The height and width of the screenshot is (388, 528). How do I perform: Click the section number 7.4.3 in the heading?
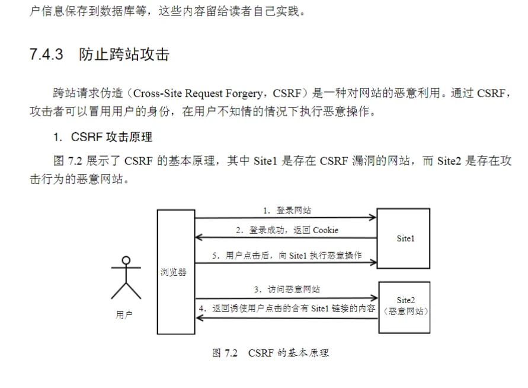coord(46,54)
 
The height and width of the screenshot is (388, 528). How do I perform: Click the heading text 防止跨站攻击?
coord(124,54)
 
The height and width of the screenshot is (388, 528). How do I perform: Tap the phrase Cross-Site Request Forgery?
coord(198,93)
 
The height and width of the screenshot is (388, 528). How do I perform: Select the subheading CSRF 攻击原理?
coord(111,137)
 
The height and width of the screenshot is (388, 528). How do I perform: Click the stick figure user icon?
coord(126,278)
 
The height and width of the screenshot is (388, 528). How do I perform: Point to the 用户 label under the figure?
coord(124,314)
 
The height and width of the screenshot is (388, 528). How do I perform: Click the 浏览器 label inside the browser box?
coord(174,272)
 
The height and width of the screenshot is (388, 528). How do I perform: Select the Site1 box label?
coord(405,238)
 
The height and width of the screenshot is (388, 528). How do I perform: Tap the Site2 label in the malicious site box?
coord(405,300)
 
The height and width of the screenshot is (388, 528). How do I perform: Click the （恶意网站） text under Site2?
coord(405,311)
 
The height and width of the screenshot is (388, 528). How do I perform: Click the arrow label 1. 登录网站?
coord(287,211)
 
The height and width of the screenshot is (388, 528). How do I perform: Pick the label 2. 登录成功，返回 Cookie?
coord(287,230)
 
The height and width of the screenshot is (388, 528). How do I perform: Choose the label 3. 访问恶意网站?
coord(287,290)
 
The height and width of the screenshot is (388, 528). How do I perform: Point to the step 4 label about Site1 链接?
coord(287,309)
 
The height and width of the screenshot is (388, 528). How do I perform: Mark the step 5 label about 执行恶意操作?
coord(287,256)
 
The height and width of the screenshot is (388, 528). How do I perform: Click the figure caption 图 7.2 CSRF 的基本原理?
coord(270,353)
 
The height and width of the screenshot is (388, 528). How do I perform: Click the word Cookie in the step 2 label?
coord(325,230)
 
